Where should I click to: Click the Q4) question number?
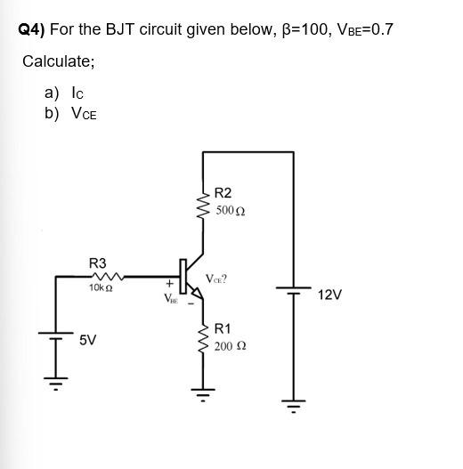pyautogui.click(x=32, y=30)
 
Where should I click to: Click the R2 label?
pyautogui.click(x=223, y=193)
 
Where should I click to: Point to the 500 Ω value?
pyautogui.click(x=231, y=212)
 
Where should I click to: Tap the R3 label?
pyautogui.click(x=97, y=263)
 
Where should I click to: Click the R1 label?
pyautogui.click(x=223, y=328)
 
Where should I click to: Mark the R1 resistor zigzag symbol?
pyautogui.click(x=203, y=338)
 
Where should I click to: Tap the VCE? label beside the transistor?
pyautogui.click(x=216, y=279)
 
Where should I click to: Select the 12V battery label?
pyautogui.click(x=329, y=294)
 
